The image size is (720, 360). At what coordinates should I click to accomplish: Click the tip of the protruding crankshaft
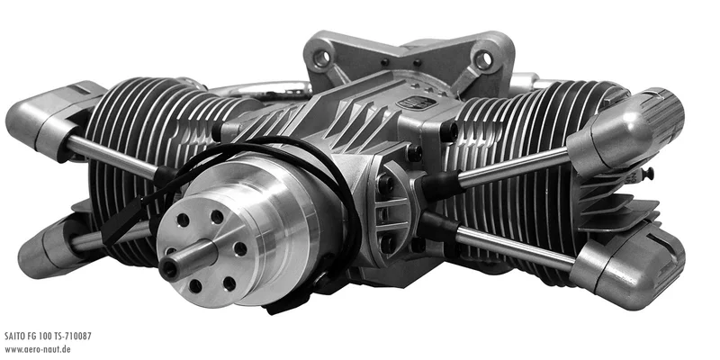(x=168, y=269)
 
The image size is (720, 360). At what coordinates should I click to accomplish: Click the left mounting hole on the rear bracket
(x=322, y=58)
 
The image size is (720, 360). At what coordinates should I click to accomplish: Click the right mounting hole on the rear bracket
(x=483, y=59)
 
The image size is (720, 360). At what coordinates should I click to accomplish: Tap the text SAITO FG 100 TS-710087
(x=49, y=336)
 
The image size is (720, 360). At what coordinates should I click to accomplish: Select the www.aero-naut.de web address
(x=38, y=349)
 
